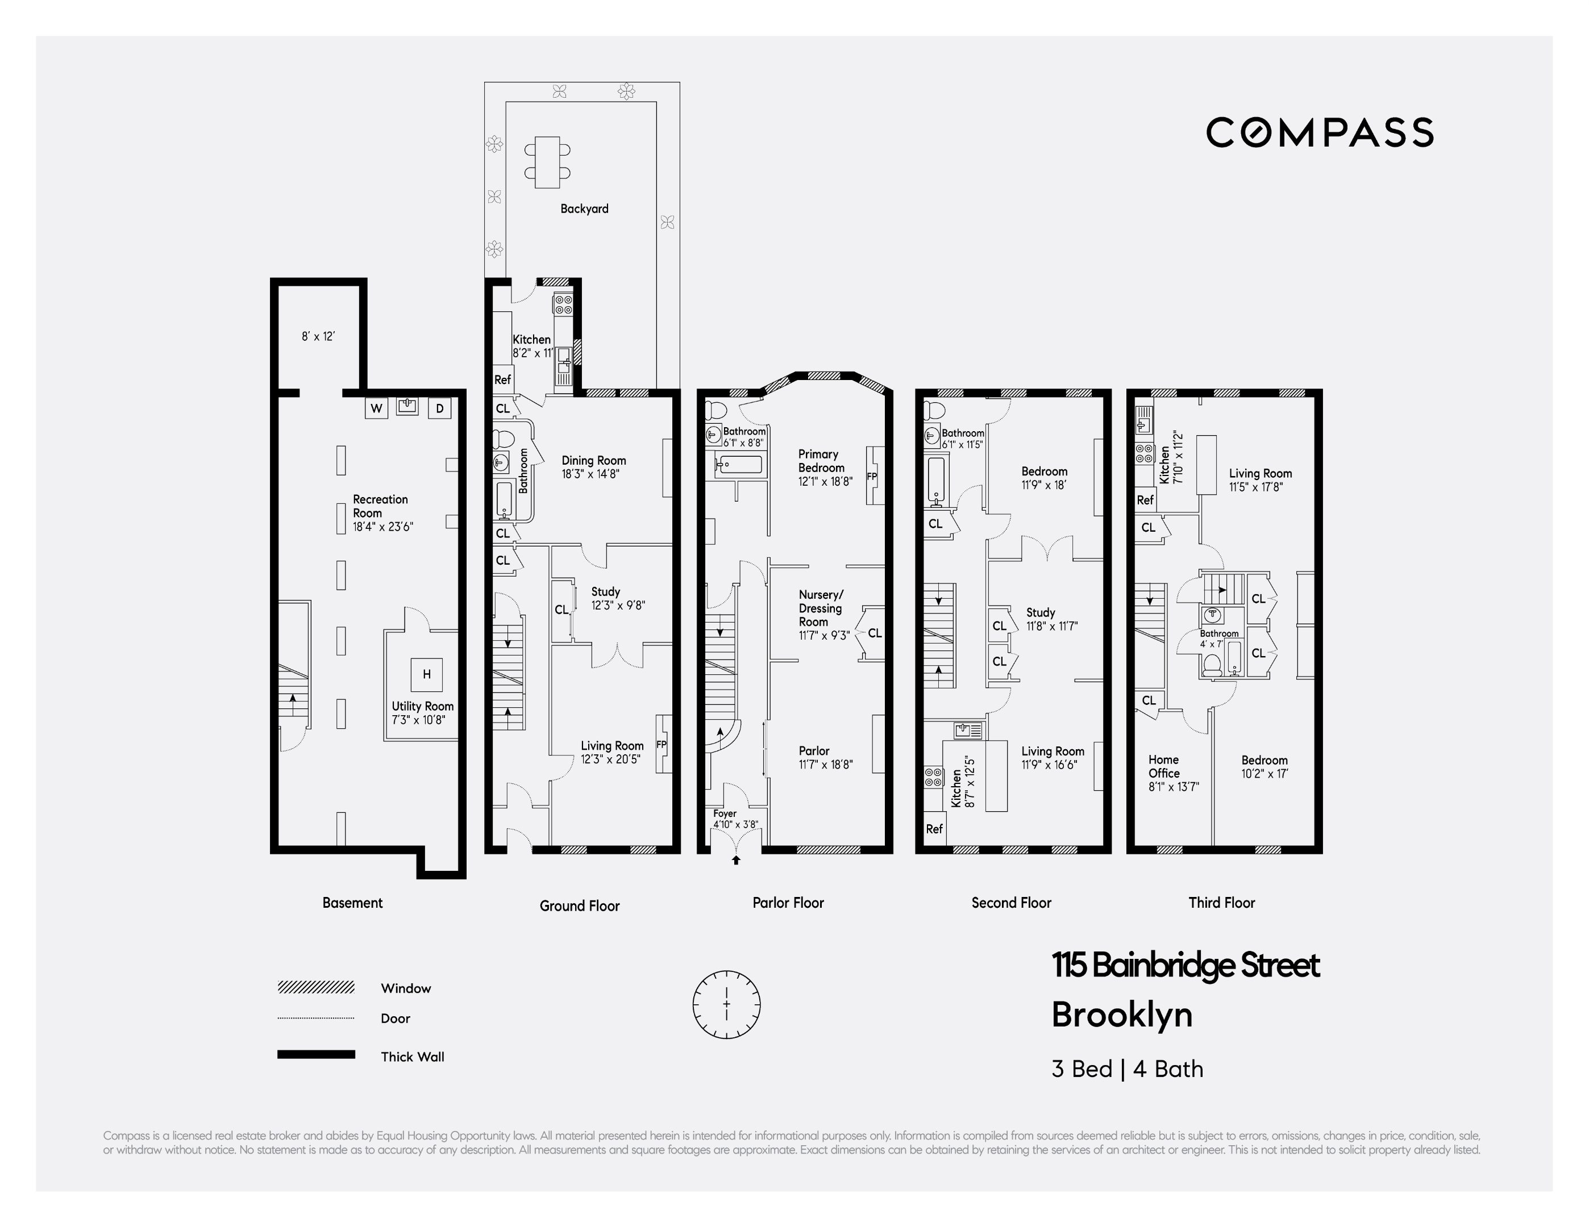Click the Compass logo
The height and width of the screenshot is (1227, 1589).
[x=1320, y=132]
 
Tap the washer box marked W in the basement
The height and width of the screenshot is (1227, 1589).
[x=376, y=408]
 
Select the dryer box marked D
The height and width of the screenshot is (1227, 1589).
[x=439, y=408]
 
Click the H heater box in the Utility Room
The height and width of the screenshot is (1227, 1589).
[x=426, y=674]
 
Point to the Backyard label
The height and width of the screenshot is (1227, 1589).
[x=584, y=208]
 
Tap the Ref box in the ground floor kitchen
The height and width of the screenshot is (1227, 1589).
[x=503, y=379]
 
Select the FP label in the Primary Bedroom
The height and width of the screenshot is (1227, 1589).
[x=872, y=477]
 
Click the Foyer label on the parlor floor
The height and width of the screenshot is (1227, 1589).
[x=725, y=813]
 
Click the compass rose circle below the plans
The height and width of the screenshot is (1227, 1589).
[x=726, y=1004]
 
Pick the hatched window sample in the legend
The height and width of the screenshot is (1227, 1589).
[x=316, y=987]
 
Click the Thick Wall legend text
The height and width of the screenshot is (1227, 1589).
[x=412, y=1057]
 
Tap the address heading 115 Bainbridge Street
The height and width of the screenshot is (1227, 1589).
[x=1185, y=966]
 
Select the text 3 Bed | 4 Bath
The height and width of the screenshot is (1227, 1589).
[x=1127, y=1069]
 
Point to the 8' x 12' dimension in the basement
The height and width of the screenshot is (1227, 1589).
[x=318, y=337]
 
